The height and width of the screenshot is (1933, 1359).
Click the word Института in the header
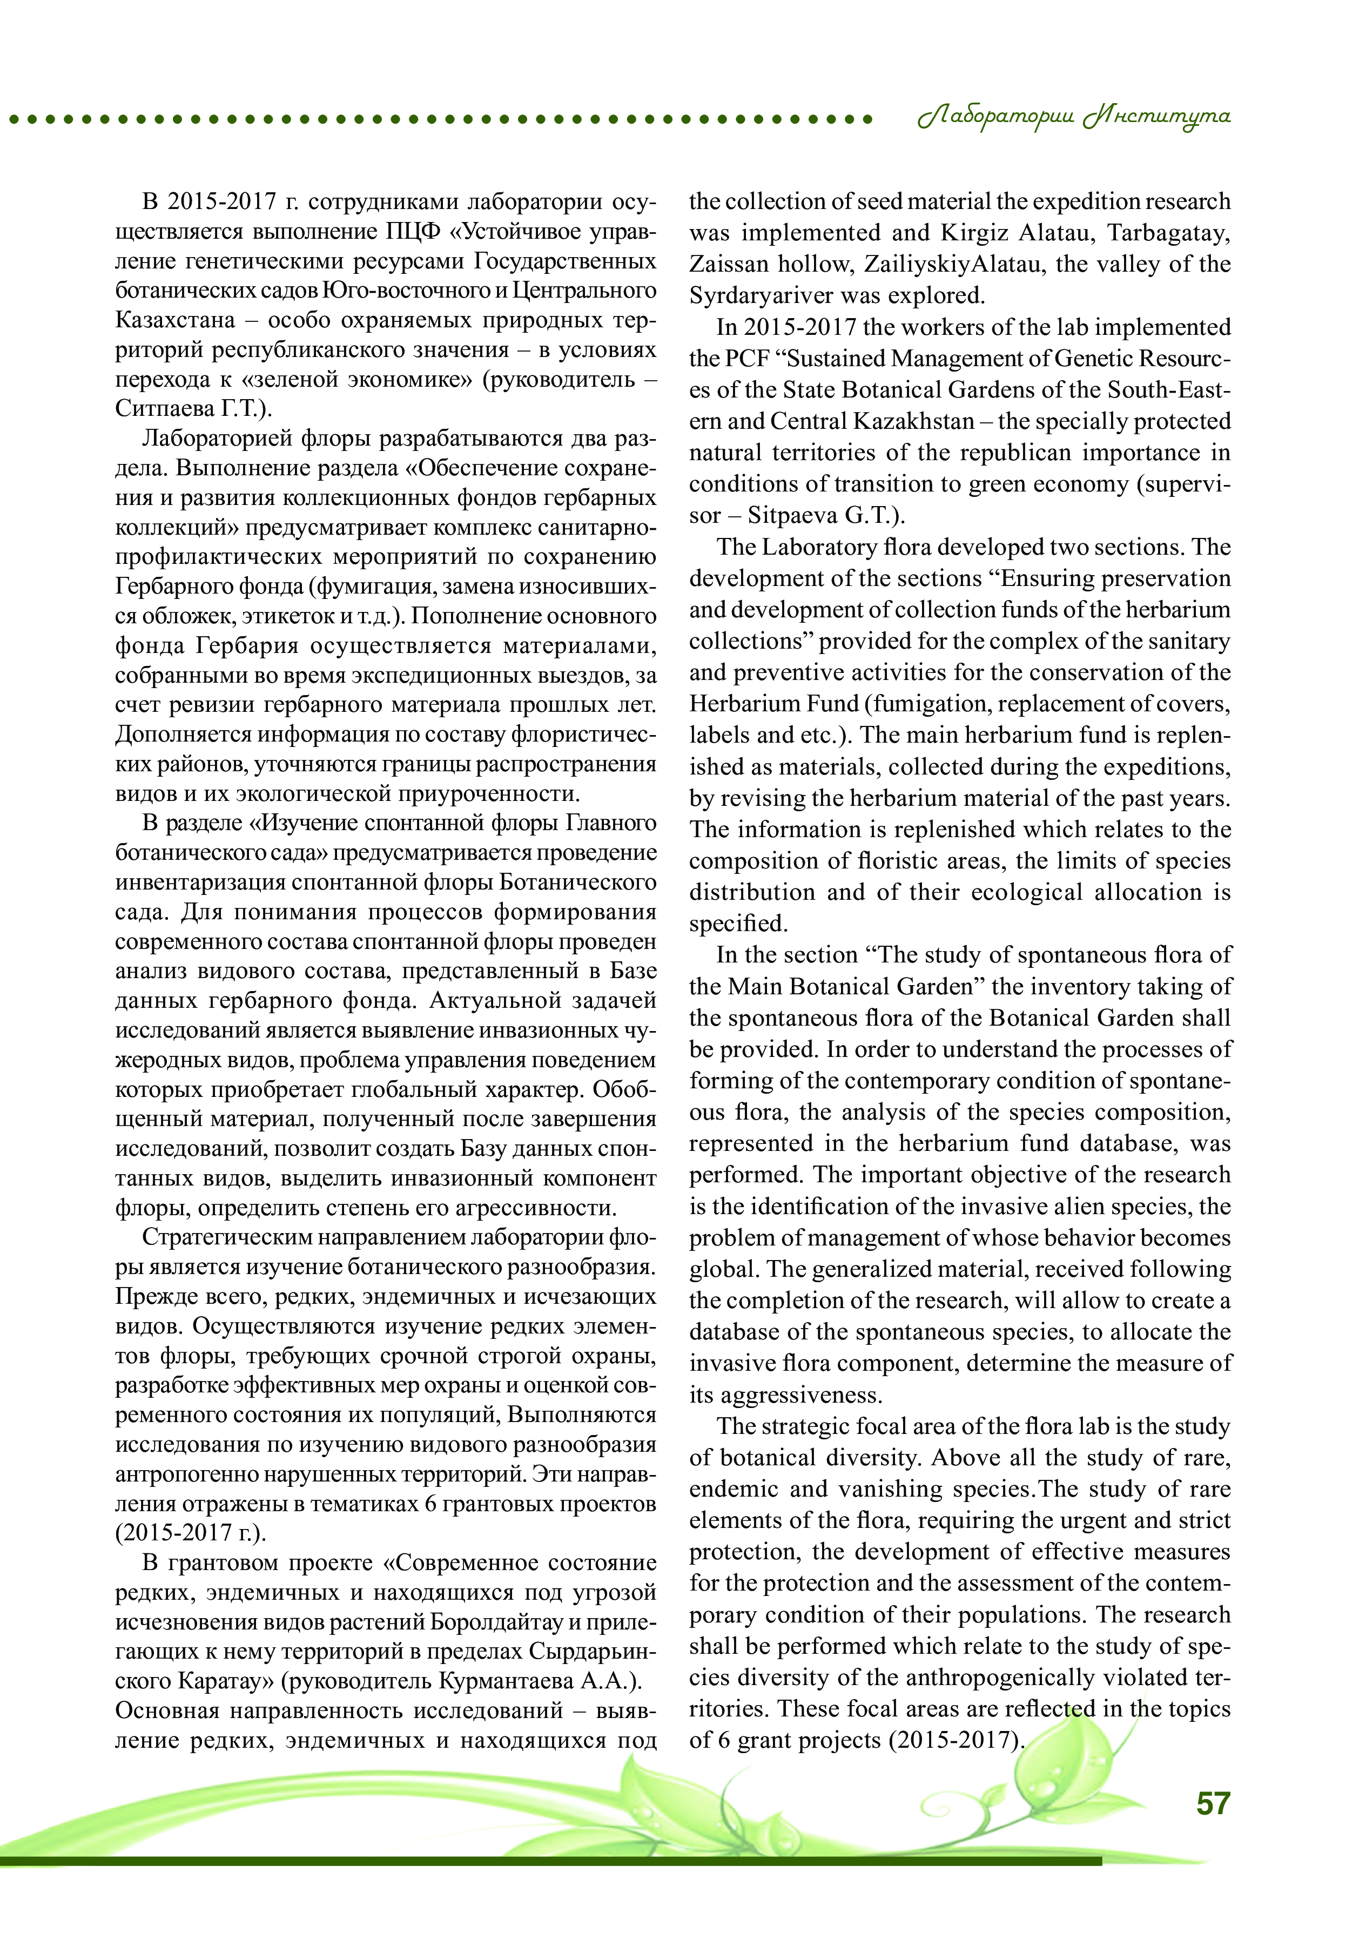point(1157,117)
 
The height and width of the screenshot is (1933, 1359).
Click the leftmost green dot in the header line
point(14,119)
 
